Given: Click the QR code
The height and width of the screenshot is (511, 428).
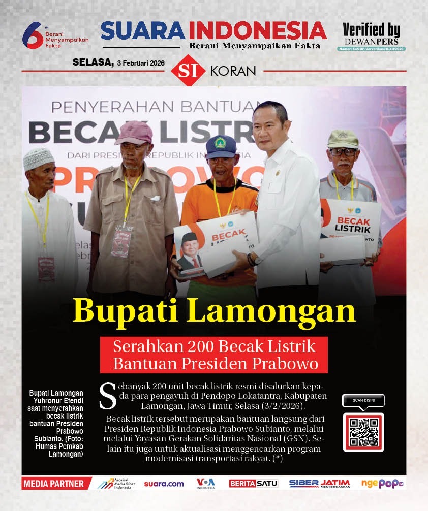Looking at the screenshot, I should pyautogui.click(x=363, y=432).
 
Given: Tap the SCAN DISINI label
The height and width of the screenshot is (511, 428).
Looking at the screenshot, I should pyautogui.click(x=363, y=401).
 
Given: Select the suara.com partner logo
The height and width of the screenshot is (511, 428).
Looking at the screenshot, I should pyautogui.click(x=164, y=484).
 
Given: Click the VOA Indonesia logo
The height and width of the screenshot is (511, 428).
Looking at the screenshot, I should pyautogui.click(x=206, y=484).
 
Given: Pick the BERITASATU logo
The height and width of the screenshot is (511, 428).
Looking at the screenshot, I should pyautogui.click(x=253, y=484).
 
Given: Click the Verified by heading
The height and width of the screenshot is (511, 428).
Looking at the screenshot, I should pyautogui.click(x=371, y=29).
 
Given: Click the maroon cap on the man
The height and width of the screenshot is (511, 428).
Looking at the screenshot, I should pyautogui.click(x=134, y=133).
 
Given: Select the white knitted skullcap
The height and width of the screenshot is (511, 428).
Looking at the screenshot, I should pyautogui.click(x=39, y=158).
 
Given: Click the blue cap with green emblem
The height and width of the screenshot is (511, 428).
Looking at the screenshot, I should pyautogui.click(x=221, y=146).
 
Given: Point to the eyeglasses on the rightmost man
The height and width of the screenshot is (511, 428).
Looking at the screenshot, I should pyautogui.click(x=343, y=151).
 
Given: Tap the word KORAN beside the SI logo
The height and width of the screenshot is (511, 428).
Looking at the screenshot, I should pyautogui.click(x=233, y=71).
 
